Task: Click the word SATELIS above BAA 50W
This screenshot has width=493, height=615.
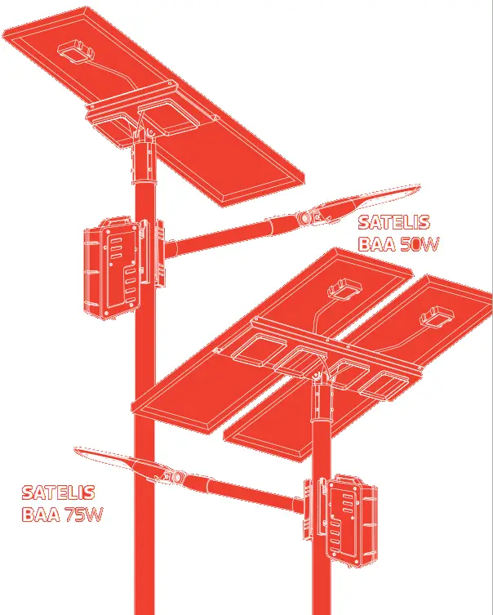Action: point(393,222)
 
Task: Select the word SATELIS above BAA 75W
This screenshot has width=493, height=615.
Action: point(58,493)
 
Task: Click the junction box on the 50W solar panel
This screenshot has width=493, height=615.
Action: point(74,53)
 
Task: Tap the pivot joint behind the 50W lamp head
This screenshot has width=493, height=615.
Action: point(308,218)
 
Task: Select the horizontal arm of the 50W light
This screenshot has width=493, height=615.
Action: point(229,233)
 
